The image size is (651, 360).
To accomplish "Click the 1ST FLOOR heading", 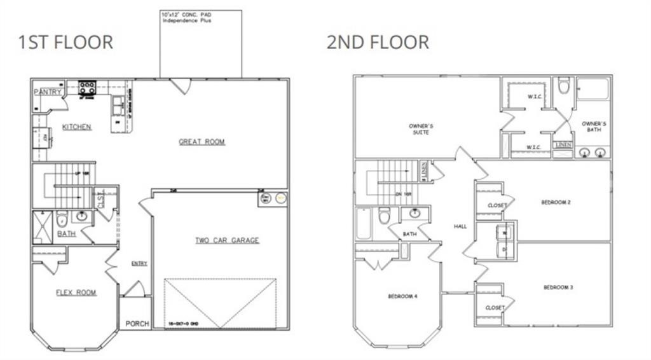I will click(x=65, y=42).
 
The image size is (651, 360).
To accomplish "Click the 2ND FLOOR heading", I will click(x=378, y=42).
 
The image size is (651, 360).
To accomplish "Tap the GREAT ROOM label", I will click(x=202, y=141).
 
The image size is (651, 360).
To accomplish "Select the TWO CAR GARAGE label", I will click(x=227, y=240).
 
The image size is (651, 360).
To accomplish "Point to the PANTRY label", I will click(x=48, y=92).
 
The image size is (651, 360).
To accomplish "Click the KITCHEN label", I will click(x=76, y=127).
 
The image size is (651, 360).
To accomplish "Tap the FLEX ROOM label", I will click(x=76, y=293).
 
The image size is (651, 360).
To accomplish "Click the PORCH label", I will click(x=137, y=324).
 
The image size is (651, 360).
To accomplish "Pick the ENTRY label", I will click(x=139, y=263).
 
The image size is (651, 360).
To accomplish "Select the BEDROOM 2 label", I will click(x=556, y=203).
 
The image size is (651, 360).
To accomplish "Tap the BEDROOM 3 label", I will click(x=558, y=287).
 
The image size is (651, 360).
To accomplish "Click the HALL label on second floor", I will click(x=460, y=226).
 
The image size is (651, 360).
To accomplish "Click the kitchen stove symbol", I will click(x=87, y=87).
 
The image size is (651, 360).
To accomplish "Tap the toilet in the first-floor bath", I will click(x=62, y=219).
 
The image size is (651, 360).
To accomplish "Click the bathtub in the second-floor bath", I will click(x=364, y=223).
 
